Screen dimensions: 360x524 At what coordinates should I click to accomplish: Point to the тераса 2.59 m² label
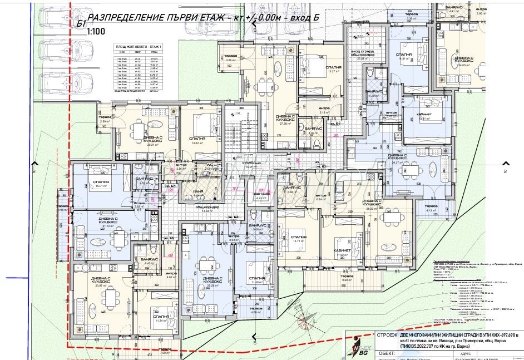[x=105, y=119]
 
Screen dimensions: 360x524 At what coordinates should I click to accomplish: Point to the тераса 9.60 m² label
[x=347, y=278]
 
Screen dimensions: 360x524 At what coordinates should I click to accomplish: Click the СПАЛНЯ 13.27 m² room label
[x=333, y=68]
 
